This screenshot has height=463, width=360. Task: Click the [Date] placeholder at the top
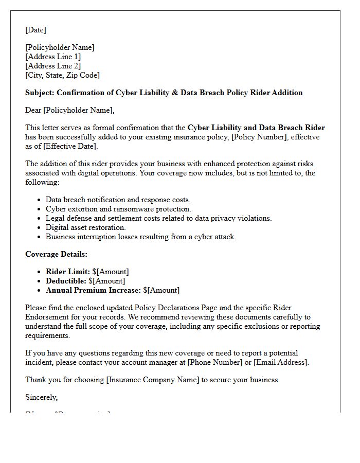pos(35,30)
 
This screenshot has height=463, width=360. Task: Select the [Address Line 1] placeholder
pos(53,57)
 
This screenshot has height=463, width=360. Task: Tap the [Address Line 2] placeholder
pos(53,66)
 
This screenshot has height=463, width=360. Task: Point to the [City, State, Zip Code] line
pos(62,75)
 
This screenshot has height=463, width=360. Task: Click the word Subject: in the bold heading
pos(40,93)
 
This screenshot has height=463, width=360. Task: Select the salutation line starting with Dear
pos(70,110)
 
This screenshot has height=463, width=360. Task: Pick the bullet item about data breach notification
pos(118,200)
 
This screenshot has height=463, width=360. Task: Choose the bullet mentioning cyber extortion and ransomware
pos(118,209)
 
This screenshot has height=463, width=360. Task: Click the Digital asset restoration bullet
pos(85,227)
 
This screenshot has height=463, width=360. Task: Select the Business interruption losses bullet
pos(140,237)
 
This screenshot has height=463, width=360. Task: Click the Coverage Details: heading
pos(57,254)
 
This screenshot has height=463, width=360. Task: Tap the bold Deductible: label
pos(66,281)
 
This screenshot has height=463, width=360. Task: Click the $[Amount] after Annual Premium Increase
pos(161,290)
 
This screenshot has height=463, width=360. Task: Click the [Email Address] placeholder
pos(280,362)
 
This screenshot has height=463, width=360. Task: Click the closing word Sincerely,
pos(42,397)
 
